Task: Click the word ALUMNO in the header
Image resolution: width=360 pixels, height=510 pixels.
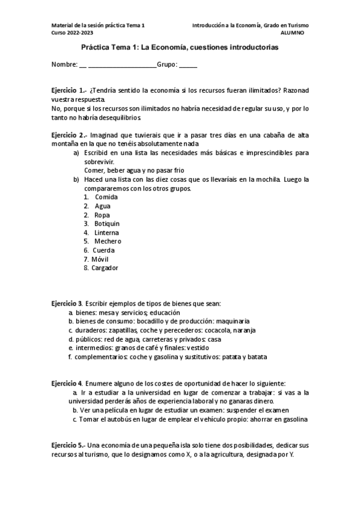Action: [293, 32]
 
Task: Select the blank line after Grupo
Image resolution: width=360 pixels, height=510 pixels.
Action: [188, 64]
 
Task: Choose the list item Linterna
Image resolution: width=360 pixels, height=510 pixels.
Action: [106, 232]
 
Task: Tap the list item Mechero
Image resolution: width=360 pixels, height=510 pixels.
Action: [108, 241]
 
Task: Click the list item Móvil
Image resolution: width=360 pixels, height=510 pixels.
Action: [100, 259]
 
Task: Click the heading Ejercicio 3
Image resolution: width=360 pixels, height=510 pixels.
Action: [67, 304]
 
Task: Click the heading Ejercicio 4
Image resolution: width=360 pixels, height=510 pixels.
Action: [67, 383]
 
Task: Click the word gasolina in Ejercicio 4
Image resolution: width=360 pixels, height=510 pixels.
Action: [293, 419]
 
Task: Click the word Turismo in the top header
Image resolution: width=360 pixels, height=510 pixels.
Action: [294, 25]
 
